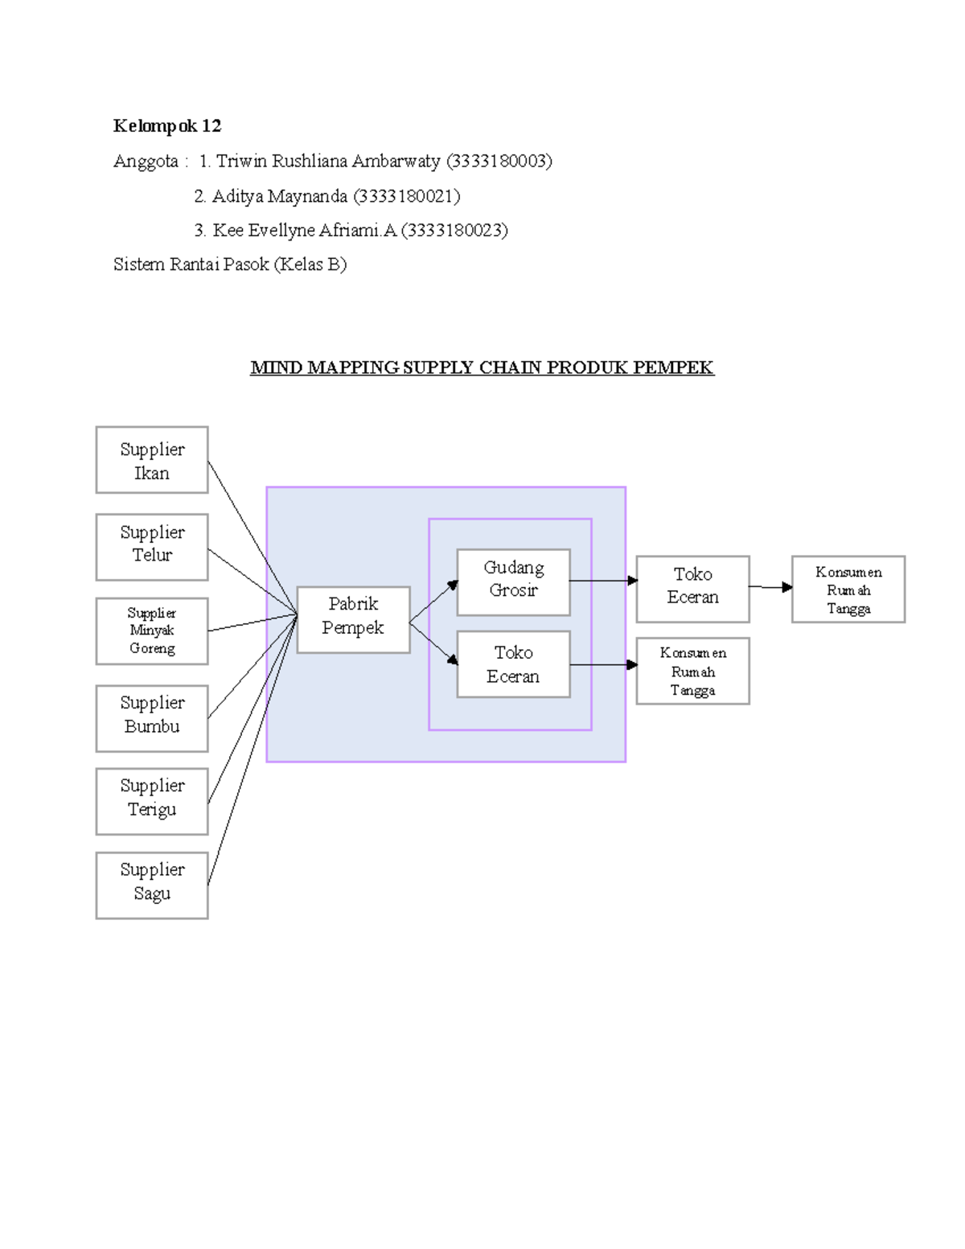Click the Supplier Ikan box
(152, 460)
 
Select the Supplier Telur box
(152, 547)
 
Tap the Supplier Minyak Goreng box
(152, 631)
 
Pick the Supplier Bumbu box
(152, 718)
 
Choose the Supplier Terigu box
(152, 801)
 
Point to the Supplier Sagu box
(152, 885)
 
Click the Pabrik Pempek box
(353, 619)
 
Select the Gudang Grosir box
(513, 582)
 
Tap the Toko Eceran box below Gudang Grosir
(513, 664)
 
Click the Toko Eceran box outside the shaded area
(692, 589)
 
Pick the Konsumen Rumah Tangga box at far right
(848, 589)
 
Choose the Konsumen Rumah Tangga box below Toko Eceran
(692, 672)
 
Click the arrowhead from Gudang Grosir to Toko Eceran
(633, 581)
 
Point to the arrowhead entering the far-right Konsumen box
(787, 588)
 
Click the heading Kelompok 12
(167, 126)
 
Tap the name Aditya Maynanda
(280, 196)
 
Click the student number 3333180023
(454, 231)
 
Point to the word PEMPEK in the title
(673, 368)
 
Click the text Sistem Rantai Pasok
(191, 265)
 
